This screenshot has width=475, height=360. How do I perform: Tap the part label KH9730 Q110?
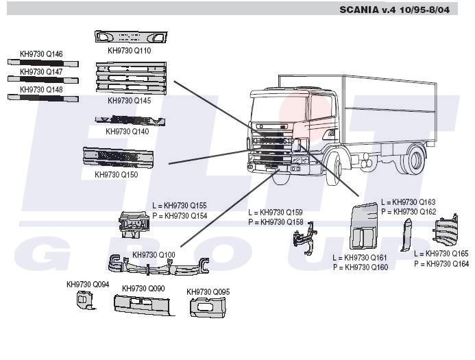(130, 51)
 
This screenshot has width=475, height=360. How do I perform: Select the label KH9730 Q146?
(41, 54)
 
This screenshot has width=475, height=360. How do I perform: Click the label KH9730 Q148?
(41, 90)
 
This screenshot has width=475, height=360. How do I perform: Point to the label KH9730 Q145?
(130, 101)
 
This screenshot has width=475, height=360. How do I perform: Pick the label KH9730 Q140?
(127, 131)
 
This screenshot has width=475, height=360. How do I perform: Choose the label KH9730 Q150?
(117, 175)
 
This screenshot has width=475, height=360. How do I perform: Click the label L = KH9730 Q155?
(180, 206)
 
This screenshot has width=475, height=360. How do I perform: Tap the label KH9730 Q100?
(154, 255)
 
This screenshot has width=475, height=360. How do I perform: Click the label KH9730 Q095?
(208, 292)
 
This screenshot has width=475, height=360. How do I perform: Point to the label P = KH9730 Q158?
(276, 222)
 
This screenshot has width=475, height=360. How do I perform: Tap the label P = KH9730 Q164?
(441, 264)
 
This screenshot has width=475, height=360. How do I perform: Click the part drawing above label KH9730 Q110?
(130, 38)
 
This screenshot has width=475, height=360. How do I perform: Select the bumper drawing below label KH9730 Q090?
(144, 305)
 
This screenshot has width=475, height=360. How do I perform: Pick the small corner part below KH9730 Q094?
(85, 299)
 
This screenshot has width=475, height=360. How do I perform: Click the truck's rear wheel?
(414, 161)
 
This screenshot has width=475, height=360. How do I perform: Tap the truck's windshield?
(277, 110)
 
